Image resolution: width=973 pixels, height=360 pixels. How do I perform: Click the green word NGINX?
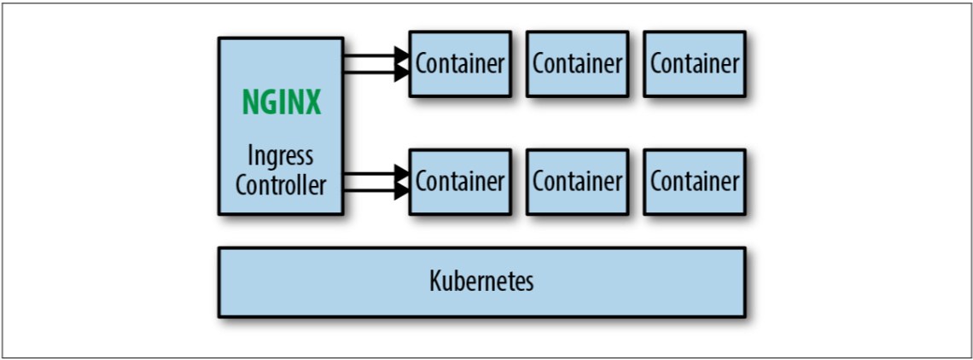pos(281,102)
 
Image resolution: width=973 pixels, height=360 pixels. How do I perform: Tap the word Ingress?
pos(281,157)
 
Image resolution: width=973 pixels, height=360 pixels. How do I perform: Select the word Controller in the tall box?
pos(281,185)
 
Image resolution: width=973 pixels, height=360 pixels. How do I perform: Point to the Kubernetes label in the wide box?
pos(481,282)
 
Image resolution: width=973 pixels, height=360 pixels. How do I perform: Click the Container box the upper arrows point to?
pos(460,63)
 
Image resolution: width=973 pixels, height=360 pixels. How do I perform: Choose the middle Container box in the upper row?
pos(577,63)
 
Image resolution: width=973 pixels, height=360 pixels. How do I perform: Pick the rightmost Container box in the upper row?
pos(695,63)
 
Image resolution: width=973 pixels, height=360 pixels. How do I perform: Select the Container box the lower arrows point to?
pos(460,181)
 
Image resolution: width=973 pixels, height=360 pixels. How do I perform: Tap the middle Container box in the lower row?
pos(577,181)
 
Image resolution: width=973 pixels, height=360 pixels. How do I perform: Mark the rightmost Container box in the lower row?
pos(695,181)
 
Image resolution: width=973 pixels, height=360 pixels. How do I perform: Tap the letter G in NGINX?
pos(263,102)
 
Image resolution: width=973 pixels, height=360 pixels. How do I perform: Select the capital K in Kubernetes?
pos(435,282)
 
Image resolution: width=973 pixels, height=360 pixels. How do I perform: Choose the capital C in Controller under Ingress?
pos(242,185)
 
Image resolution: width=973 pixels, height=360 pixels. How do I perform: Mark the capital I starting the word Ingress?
pos(250,157)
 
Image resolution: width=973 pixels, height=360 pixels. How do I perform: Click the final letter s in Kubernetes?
pos(529,282)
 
